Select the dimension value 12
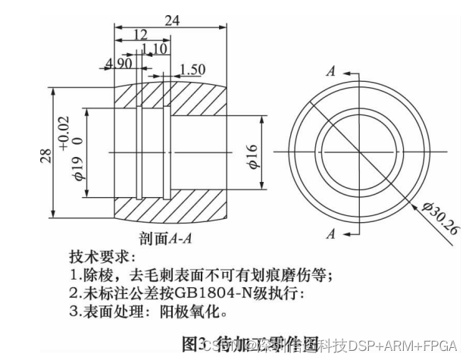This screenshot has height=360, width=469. (x=140, y=34)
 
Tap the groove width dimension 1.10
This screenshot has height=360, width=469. (x=154, y=48)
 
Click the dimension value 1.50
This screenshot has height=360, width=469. (x=192, y=70)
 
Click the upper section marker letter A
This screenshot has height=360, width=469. (x=330, y=71)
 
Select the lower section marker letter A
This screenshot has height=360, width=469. (x=330, y=234)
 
